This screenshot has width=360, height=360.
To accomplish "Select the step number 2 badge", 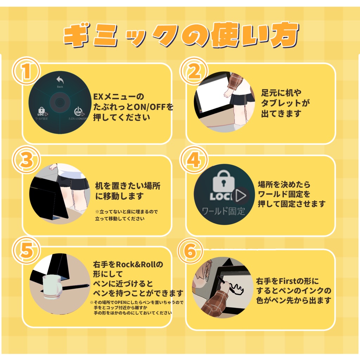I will point(193,71).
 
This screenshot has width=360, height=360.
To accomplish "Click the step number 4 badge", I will point(193,160).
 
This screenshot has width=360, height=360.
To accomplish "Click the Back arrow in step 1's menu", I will point(60,80).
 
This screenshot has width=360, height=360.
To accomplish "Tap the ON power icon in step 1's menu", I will point(78,112).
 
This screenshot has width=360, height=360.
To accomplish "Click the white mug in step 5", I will point(51,285).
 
